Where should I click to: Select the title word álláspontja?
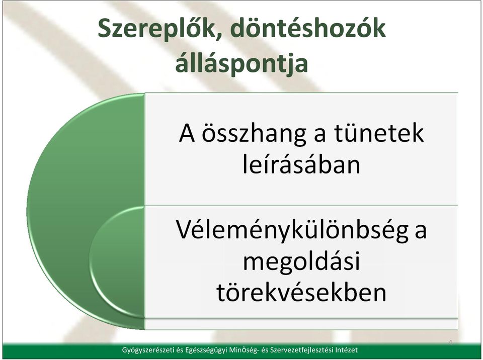tap(242, 64)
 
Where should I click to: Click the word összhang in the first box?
tap(254, 134)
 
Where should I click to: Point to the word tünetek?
tap(379, 133)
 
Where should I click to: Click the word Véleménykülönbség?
tap(292, 230)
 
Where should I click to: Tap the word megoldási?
tap(301, 262)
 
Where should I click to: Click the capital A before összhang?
tap(187, 133)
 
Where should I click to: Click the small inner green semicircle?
tap(118, 262)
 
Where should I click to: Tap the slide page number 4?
tap(450, 343)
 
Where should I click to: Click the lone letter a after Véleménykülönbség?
tap(421, 232)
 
